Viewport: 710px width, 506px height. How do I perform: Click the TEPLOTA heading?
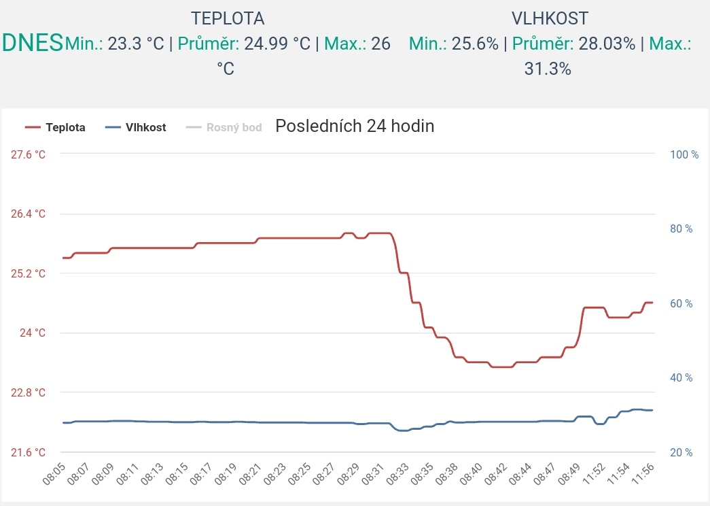point(228,18)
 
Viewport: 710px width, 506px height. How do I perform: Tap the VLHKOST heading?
point(550,18)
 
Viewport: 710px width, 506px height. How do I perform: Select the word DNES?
point(32,43)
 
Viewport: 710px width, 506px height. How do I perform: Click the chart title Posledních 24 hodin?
point(355,126)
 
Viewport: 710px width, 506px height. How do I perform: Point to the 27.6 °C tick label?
point(29,154)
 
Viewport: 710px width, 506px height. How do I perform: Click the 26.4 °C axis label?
point(29,214)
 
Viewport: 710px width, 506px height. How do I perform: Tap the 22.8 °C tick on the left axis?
point(29,392)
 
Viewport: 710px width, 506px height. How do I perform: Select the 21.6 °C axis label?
point(29,452)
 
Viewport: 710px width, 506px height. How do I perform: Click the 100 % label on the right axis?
point(684,154)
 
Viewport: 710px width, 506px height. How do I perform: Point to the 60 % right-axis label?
point(681,303)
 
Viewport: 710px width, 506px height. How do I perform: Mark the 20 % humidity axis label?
point(681,452)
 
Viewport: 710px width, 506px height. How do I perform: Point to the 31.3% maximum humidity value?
point(548,69)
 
